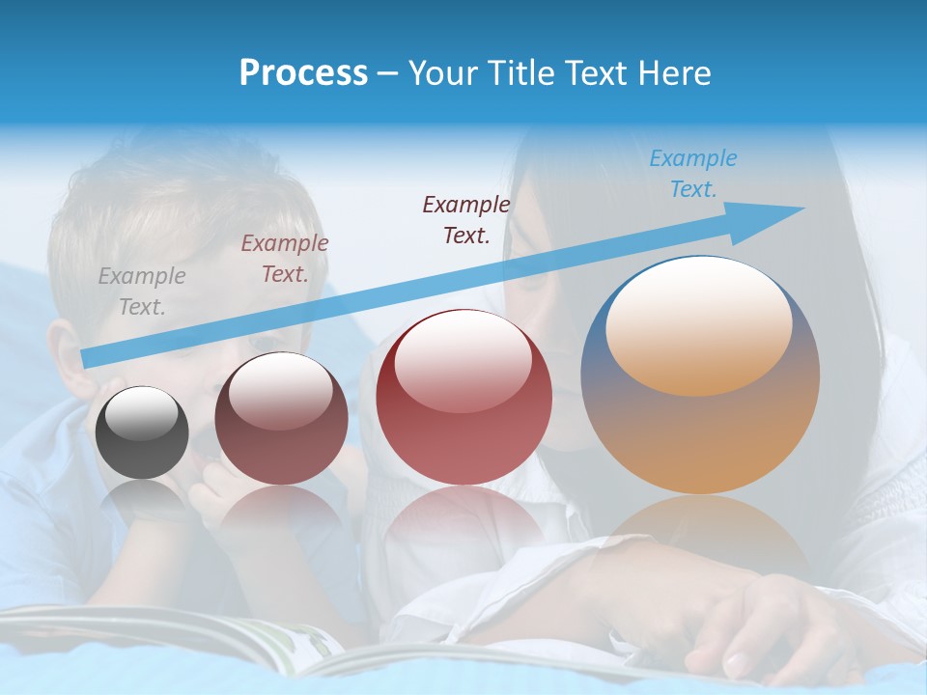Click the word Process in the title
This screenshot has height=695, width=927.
pyautogui.click(x=303, y=73)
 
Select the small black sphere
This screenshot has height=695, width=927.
pyautogui.click(x=142, y=432)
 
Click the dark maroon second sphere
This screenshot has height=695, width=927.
pyautogui.click(x=281, y=419)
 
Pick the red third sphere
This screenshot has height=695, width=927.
pyautogui.click(x=463, y=398)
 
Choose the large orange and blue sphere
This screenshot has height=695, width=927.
pyautogui.click(x=700, y=376)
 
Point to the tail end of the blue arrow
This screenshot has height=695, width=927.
pyautogui.click(x=87, y=358)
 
